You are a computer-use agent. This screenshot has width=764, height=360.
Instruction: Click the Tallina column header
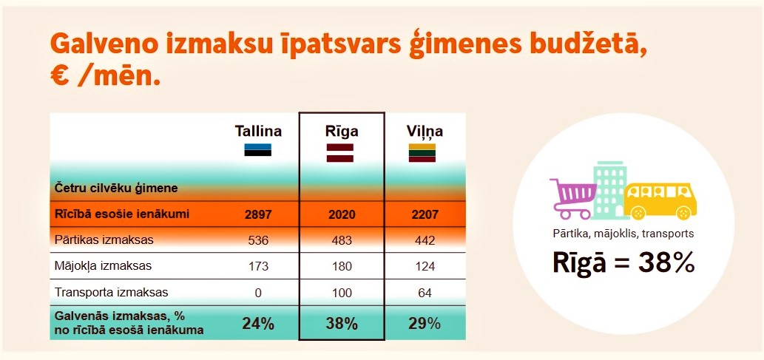coord(258,132)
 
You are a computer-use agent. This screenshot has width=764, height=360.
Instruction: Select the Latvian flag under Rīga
coord(340,152)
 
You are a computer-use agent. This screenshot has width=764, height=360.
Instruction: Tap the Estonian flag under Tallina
coord(258,149)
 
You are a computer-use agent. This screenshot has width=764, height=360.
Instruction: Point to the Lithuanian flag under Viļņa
coord(422,152)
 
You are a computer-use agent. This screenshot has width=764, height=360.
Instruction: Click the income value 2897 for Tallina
coord(258,215)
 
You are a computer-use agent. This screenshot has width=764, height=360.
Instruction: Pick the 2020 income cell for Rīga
coord(341,215)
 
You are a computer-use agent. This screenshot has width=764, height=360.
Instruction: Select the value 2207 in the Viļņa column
coord(422,215)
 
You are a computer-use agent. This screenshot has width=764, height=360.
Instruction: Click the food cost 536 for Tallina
coord(258,241)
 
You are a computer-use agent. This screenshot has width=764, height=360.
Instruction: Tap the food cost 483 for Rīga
coord(341,241)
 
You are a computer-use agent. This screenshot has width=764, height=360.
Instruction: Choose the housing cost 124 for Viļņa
coord(422,266)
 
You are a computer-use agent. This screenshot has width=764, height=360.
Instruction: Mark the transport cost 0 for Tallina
coord(258,293)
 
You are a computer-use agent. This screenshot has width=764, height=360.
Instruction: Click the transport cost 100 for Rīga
coord(341,293)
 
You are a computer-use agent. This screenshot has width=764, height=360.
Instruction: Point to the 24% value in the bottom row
coord(258,324)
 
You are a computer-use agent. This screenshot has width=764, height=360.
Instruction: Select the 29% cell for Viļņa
coord(422,324)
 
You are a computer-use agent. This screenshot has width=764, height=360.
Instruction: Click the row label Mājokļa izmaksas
coord(104,266)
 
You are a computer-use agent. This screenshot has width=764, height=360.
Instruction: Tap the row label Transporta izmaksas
coord(112,293)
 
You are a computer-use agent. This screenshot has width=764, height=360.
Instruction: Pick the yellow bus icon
coord(660,201)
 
